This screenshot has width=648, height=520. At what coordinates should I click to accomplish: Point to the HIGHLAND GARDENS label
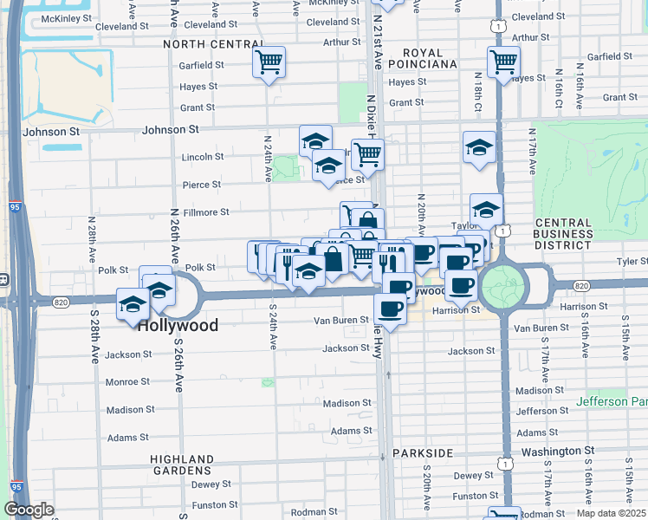182,465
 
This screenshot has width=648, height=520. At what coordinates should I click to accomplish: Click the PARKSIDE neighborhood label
423,453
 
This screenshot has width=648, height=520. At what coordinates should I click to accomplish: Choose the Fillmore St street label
205,211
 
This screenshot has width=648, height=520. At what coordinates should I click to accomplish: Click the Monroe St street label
127,381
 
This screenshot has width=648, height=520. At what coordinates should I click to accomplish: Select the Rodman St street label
308,511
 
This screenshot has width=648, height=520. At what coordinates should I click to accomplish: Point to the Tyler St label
631,261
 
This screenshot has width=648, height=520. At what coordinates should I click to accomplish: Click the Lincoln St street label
203,157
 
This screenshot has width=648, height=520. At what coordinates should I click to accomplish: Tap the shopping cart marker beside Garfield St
269,62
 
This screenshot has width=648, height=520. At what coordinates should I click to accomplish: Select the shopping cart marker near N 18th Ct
502,62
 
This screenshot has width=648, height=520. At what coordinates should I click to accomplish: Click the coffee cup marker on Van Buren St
390,309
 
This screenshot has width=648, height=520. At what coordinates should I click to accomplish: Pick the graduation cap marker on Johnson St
315,140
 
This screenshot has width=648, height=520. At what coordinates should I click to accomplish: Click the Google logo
29,510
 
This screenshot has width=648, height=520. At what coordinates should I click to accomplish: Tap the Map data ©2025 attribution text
611,513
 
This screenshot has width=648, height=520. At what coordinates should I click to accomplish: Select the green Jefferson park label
612,402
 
